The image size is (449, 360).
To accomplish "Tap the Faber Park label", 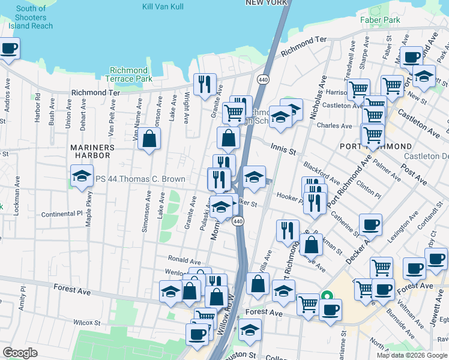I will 380,20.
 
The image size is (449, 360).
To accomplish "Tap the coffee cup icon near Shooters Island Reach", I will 8,48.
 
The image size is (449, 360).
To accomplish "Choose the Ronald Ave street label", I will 184,261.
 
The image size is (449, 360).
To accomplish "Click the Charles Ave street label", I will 334,126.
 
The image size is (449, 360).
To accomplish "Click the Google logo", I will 20,353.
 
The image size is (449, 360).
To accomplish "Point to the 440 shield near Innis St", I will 262,80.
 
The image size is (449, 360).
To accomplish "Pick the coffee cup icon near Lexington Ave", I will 370,224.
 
